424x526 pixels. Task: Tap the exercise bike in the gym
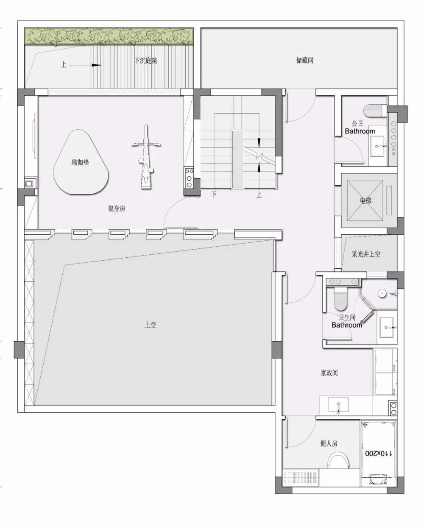(x=146, y=157)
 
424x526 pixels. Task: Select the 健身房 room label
(x=117, y=209)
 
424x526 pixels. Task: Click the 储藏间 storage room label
(x=304, y=60)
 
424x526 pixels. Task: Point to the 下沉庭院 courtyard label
(x=145, y=60)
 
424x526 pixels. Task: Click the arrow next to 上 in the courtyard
(x=96, y=65)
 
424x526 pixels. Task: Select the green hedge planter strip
(x=109, y=36)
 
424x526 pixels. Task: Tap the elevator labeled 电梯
(x=365, y=200)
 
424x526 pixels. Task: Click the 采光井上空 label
(x=366, y=254)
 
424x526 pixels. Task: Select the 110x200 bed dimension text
(x=378, y=453)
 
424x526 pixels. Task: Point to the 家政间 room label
(x=329, y=373)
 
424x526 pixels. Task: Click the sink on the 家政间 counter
(x=338, y=405)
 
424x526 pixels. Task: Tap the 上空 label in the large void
(x=151, y=325)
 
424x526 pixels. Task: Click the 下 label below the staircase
(x=214, y=195)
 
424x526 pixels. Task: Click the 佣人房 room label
(x=329, y=443)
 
